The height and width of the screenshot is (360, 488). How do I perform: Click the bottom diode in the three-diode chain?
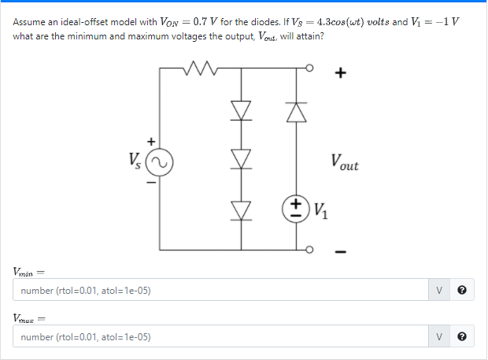pos(242,210)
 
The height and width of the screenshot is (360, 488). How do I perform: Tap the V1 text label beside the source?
pos(322,210)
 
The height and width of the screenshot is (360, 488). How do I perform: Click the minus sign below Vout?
pos(340,253)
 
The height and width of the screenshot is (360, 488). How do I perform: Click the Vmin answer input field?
pos(221,291)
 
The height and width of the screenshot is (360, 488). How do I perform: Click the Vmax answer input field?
pos(221,336)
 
